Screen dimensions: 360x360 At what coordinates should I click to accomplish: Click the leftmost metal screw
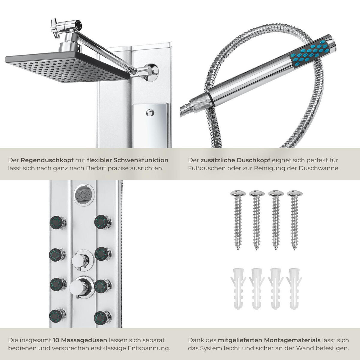tap(238, 220)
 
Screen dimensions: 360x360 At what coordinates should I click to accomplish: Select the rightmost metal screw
tap(295, 220)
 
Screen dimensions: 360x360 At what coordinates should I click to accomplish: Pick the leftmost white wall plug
tap(238, 289)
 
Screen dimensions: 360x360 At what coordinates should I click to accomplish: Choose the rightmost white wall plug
tap(295, 289)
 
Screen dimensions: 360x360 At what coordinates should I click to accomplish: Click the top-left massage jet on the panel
tap(58, 222)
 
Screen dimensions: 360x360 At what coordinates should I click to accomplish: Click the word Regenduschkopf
tap(47, 160)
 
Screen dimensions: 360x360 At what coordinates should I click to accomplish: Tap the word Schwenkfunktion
tap(141, 160)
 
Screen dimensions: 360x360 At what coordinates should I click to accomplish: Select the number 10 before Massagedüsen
tap(56, 340)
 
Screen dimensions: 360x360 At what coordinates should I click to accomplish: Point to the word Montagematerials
tap(288, 340)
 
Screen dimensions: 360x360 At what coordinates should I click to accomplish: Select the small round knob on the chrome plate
tap(150, 113)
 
